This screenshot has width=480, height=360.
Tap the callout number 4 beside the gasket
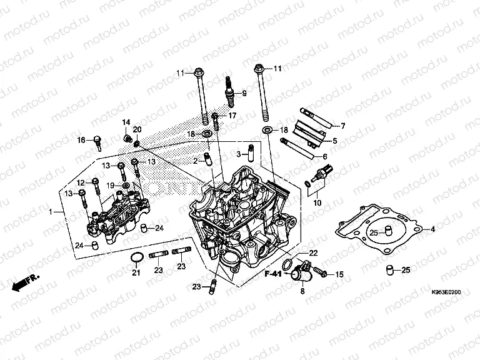(x=431, y=229)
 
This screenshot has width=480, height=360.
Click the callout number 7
(x=342, y=126)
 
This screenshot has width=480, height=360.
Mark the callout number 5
(x=335, y=141)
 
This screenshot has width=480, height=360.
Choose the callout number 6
(x=325, y=156)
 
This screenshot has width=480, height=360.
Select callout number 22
(x=313, y=252)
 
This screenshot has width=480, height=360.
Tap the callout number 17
(x=232, y=116)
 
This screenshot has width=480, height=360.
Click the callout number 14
(x=126, y=122)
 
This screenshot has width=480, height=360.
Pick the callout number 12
(x=80, y=182)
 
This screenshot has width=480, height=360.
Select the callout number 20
(x=137, y=129)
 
